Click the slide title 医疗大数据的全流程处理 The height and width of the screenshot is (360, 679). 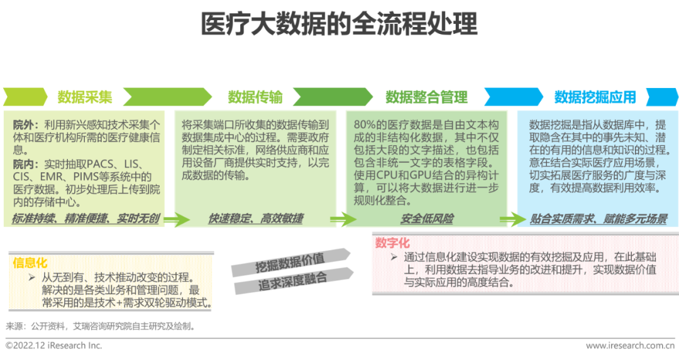click(339, 24)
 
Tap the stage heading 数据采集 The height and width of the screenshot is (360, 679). click(85, 97)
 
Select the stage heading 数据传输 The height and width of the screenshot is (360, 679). click(255, 97)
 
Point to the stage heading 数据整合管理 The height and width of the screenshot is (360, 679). click(426, 97)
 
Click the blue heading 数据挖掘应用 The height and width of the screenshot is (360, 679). click(595, 97)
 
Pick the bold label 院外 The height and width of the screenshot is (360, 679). click(25, 125)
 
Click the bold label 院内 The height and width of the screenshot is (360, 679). click(25, 163)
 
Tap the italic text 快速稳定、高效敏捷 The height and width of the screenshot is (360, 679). click(255, 219)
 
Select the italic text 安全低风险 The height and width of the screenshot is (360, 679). click(427, 219)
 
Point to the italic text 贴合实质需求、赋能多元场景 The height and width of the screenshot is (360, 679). click(598, 219)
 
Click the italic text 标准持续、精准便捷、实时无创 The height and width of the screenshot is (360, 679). click(86, 219)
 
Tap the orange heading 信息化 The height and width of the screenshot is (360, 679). click(30, 263)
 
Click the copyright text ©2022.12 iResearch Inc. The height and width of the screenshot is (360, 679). click(53, 346)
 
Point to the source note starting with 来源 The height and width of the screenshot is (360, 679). click(101, 326)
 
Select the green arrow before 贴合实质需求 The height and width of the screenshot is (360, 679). click(512, 219)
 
